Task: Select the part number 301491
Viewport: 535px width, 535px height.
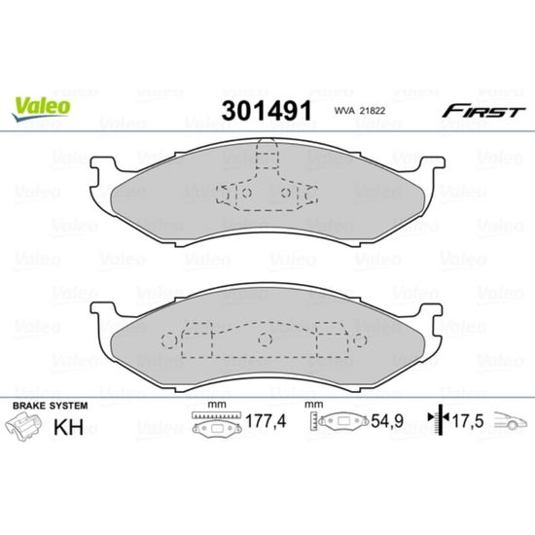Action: tap(267, 111)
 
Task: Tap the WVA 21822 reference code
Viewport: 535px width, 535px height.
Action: tap(359, 111)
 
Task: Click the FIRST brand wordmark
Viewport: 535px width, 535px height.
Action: tap(483, 111)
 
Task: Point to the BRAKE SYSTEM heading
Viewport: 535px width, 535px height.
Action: tap(51, 406)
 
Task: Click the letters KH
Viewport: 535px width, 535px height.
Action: tap(69, 426)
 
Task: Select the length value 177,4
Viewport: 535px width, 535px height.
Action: tap(266, 421)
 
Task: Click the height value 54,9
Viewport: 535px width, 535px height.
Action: tap(387, 421)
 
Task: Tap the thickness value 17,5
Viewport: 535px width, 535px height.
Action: tap(468, 421)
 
